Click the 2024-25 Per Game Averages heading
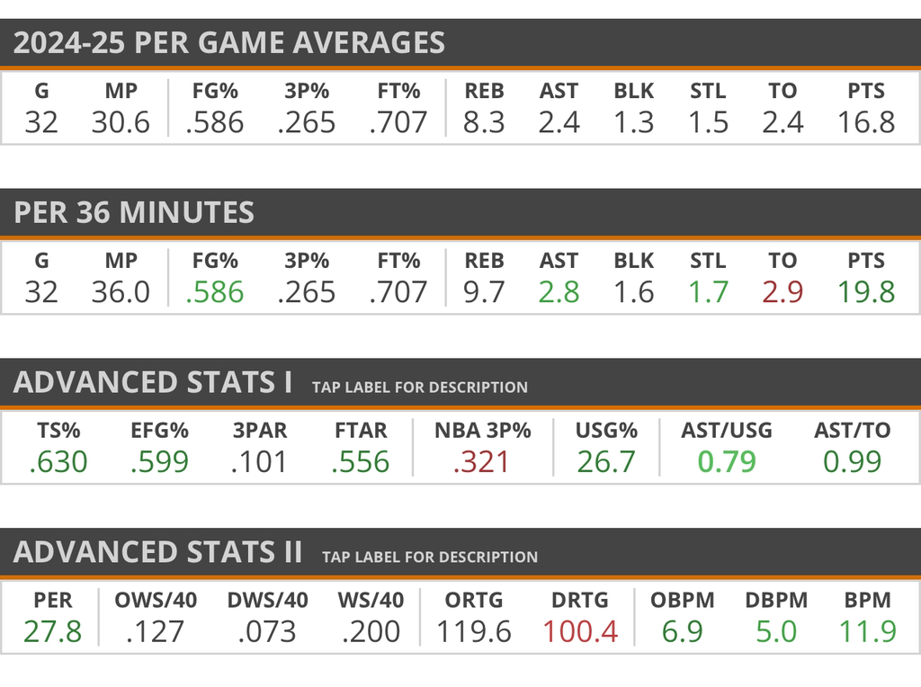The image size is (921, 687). (x=229, y=43)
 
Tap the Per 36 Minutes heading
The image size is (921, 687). (x=134, y=212)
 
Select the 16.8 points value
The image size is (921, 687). (x=865, y=122)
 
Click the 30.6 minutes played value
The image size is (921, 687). (x=121, y=122)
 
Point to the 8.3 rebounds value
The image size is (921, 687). (x=484, y=122)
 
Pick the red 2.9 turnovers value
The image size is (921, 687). (x=782, y=292)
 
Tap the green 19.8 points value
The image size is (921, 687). (x=865, y=292)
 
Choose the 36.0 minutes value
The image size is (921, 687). (x=121, y=292)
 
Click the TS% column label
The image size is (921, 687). (x=58, y=431)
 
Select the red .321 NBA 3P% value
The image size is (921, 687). (x=481, y=462)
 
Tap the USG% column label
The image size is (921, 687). (x=606, y=431)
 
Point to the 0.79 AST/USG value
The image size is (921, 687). (x=726, y=462)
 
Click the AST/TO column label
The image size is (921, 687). (x=852, y=431)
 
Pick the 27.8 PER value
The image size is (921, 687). (x=52, y=631)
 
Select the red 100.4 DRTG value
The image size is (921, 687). (x=580, y=631)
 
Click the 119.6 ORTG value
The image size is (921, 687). (x=474, y=631)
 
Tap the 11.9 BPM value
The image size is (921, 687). (x=868, y=631)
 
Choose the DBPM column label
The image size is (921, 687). (x=776, y=600)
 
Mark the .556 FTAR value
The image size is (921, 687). (x=360, y=462)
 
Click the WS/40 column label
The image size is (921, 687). (x=371, y=600)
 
